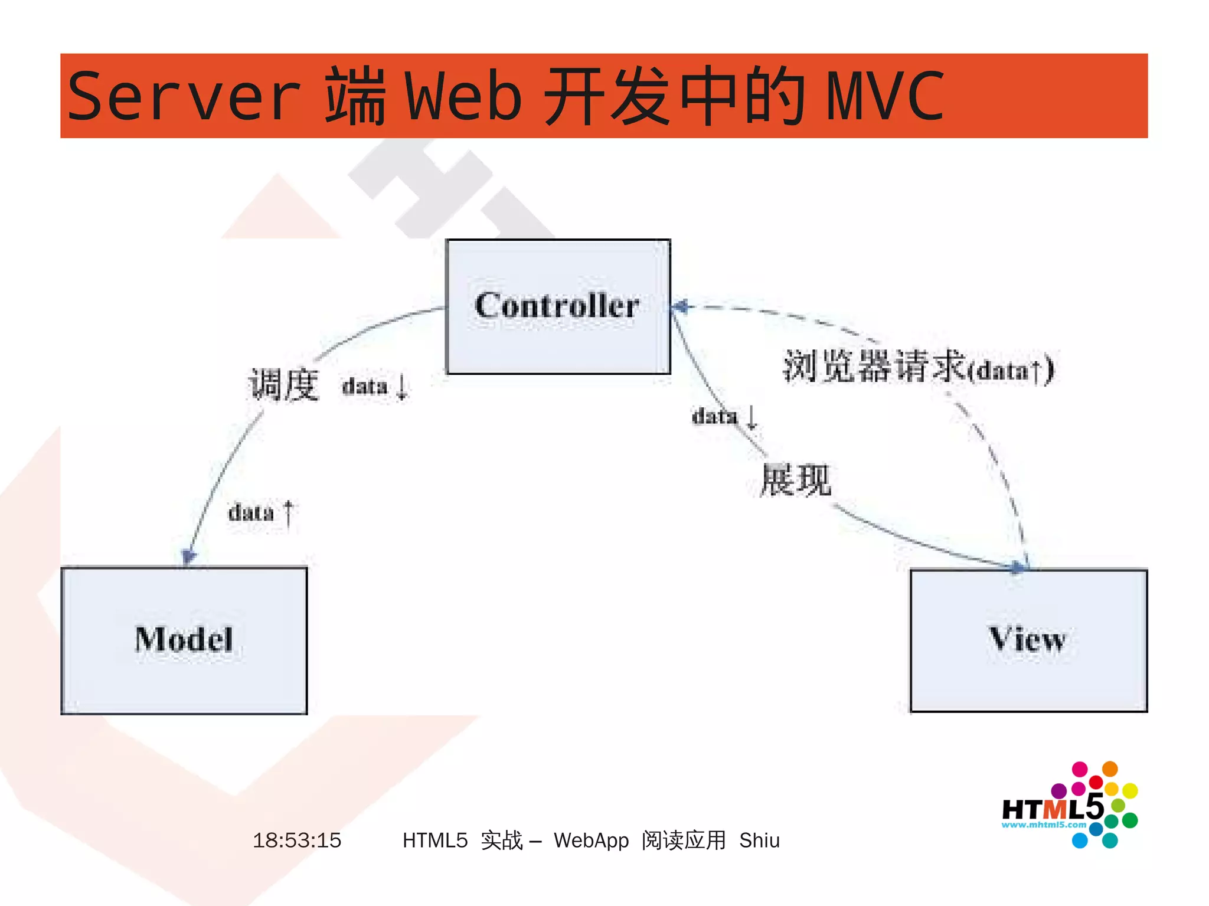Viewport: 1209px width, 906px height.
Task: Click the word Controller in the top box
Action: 557,305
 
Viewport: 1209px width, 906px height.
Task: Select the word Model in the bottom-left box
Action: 184,639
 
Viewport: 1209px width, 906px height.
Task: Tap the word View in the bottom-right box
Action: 1028,639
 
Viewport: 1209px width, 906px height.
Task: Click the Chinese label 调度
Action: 284,385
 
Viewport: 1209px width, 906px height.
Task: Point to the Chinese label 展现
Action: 795,480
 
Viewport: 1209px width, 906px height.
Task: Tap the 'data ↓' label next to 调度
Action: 375,387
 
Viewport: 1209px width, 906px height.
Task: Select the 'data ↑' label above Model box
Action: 260,512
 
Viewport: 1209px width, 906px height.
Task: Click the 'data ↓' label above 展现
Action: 724,416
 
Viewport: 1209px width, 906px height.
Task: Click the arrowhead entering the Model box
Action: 188,556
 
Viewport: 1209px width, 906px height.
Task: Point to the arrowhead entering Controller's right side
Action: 681,306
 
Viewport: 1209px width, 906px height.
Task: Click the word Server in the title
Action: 184,96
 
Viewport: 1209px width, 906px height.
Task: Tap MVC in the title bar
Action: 885,96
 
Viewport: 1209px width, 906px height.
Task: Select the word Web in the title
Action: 463,96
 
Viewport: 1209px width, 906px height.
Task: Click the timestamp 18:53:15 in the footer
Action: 297,840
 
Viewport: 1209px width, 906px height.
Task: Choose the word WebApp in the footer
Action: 591,840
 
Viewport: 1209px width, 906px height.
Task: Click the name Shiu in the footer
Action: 759,840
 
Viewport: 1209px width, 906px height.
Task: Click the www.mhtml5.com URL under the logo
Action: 1044,825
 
